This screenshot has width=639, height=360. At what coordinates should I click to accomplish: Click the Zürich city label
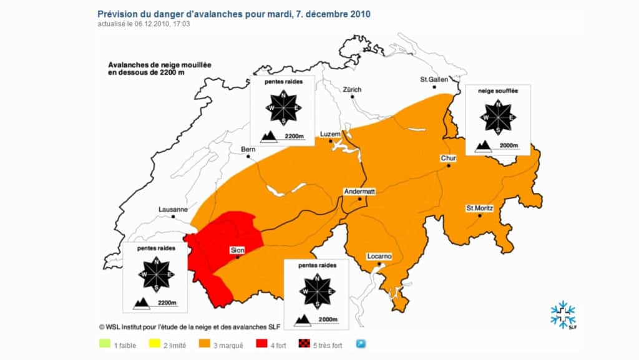pyautogui.click(x=351, y=90)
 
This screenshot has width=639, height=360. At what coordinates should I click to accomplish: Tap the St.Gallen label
pyautogui.click(x=432, y=80)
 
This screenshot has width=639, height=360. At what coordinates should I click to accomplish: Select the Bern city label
pyautogui.click(x=248, y=149)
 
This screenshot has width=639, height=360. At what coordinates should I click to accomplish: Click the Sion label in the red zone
pyautogui.click(x=238, y=250)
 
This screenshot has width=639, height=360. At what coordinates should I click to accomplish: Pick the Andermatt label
pyautogui.click(x=359, y=192)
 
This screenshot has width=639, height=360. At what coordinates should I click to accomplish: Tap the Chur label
pyautogui.click(x=449, y=158)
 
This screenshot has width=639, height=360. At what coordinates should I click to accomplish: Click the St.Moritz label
pyautogui.click(x=479, y=207)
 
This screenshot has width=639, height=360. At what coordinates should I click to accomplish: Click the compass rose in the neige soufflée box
pyautogui.click(x=498, y=116)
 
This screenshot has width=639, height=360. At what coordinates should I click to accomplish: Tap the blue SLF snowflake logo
pyautogui.click(x=563, y=314)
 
